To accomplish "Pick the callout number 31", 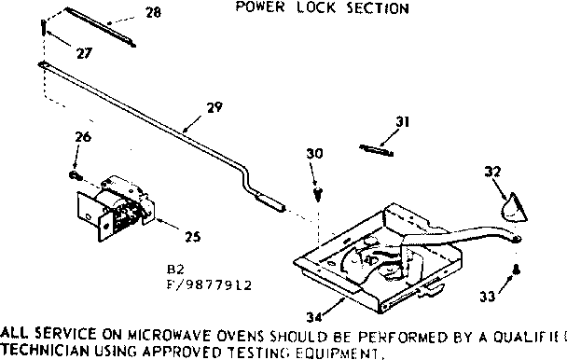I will pyautogui.click(x=403, y=121).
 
